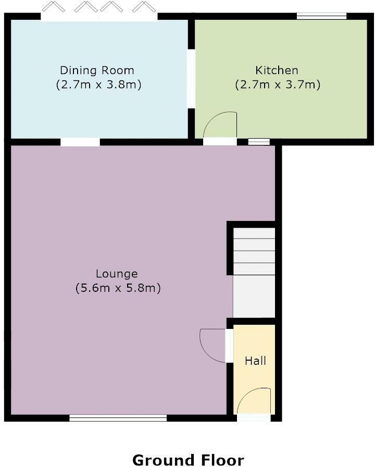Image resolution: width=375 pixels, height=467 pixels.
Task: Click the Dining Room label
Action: point(97,70)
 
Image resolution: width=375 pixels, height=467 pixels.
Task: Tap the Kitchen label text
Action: point(277,70)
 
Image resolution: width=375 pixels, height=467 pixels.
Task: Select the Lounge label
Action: point(117,274)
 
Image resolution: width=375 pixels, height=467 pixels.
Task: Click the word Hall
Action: point(255,361)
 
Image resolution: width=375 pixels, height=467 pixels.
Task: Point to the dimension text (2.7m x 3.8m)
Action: point(98,85)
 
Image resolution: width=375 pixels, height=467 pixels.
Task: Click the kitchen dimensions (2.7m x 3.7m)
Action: point(278,85)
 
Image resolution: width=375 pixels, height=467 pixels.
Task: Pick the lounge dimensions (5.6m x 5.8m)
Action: point(118,288)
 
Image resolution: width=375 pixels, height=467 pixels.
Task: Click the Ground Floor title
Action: point(188,460)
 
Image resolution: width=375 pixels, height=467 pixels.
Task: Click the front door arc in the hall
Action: point(249,392)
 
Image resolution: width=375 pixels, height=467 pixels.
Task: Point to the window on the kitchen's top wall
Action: point(322,16)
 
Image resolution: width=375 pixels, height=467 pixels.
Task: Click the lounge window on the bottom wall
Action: point(118,418)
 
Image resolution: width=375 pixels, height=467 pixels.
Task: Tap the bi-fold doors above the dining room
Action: point(99,11)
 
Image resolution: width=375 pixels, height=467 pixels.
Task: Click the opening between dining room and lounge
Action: point(80,142)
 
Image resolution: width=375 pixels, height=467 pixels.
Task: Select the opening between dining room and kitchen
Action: point(191,79)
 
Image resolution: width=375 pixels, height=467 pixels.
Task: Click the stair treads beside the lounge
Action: point(254,251)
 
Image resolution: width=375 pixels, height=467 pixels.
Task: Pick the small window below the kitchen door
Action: point(259,142)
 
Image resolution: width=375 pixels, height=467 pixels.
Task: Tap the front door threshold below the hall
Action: point(254,417)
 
